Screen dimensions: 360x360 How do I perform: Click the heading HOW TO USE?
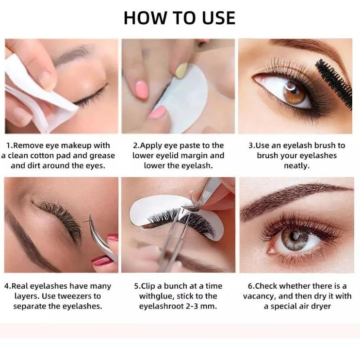tap(180, 17)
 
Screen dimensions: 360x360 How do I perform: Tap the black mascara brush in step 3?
tap(334, 84)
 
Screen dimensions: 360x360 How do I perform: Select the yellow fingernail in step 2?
tap(181, 70)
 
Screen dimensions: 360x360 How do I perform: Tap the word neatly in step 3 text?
tap(296, 165)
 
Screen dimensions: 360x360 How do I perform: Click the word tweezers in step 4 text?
tap(74, 296)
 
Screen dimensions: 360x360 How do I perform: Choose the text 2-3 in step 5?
tap(192, 306)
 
